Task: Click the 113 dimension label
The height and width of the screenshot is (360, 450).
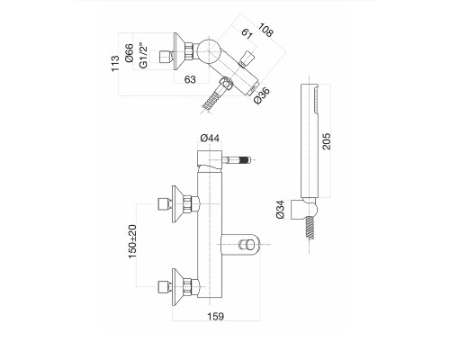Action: click(x=115, y=64)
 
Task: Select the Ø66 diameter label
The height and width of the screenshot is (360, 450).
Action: click(x=129, y=53)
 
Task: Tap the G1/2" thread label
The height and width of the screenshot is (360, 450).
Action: click(x=144, y=57)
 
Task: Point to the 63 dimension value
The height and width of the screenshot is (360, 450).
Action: click(x=190, y=79)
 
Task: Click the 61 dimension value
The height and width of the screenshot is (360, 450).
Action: click(x=247, y=33)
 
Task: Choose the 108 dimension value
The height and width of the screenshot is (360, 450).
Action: click(x=265, y=30)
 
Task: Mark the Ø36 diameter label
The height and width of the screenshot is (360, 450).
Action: click(x=262, y=95)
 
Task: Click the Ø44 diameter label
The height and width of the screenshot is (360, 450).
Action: click(x=210, y=138)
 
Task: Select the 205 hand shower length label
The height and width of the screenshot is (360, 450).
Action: click(x=326, y=141)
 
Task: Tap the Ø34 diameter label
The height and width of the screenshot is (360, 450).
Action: click(x=280, y=210)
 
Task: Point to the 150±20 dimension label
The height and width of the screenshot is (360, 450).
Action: click(x=132, y=242)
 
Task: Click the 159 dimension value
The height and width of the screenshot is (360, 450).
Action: click(x=216, y=316)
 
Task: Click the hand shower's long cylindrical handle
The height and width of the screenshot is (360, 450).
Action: click(x=309, y=140)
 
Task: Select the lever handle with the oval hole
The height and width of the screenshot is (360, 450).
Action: click(x=239, y=244)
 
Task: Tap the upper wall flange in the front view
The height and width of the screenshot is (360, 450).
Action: click(x=177, y=204)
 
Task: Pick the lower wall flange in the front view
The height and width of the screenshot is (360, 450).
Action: click(x=177, y=287)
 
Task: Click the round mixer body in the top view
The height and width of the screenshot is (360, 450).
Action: click(x=208, y=51)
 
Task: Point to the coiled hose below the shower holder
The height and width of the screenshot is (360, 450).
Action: click(x=310, y=228)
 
